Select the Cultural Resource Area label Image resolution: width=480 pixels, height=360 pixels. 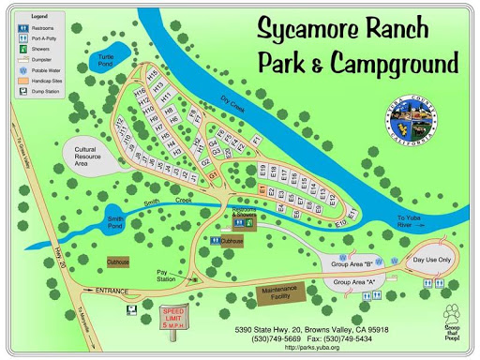(x=94, y=157)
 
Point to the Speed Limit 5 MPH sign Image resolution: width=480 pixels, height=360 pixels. (x=173, y=316)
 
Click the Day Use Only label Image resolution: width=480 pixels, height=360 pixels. (x=432, y=260)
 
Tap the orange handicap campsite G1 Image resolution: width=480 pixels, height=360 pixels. (x=213, y=175)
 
